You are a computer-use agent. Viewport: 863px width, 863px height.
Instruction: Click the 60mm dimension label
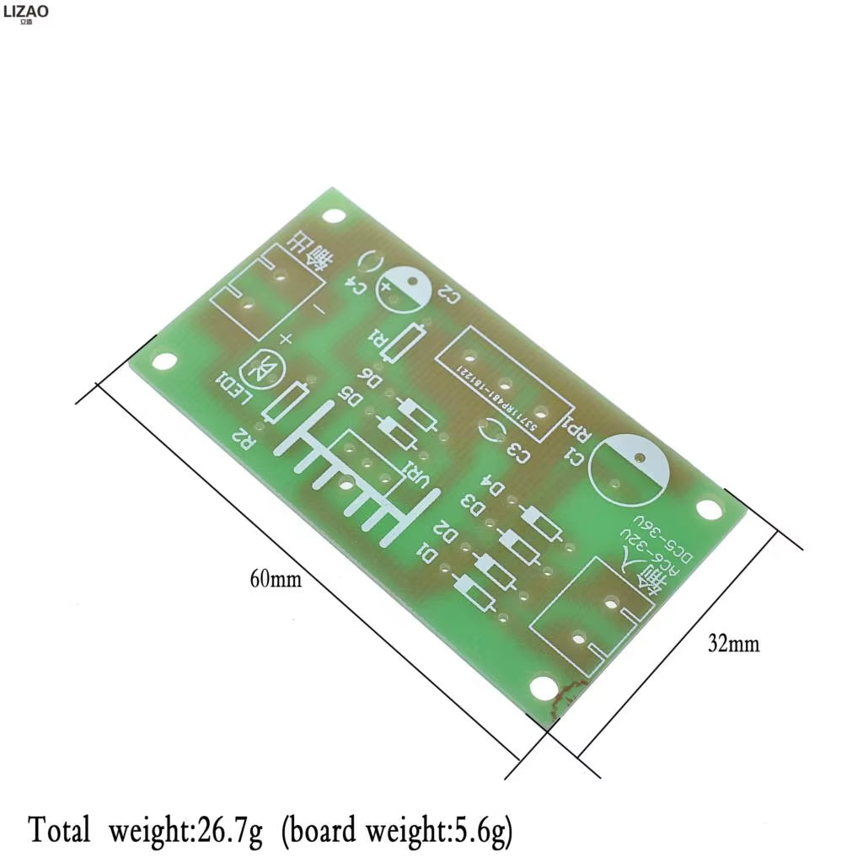click(x=275, y=579)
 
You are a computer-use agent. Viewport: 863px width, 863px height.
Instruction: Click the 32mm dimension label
click(x=733, y=644)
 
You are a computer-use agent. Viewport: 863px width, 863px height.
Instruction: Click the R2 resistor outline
click(x=285, y=403)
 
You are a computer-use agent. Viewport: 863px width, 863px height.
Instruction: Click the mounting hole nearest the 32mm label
click(x=709, y=508)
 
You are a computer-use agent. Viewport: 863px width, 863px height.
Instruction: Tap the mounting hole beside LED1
click(x=165, y=362)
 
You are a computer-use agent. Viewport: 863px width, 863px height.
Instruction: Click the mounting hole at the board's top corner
click(x=335, y=216)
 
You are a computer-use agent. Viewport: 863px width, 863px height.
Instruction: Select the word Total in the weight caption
click(x=59, y=829)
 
